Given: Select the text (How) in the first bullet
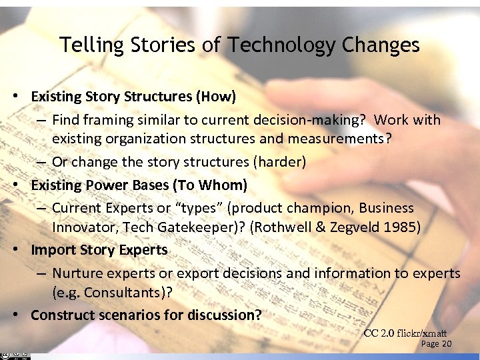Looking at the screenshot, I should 215,97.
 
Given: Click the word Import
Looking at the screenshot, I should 52,250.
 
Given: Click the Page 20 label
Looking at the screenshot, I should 437,344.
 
